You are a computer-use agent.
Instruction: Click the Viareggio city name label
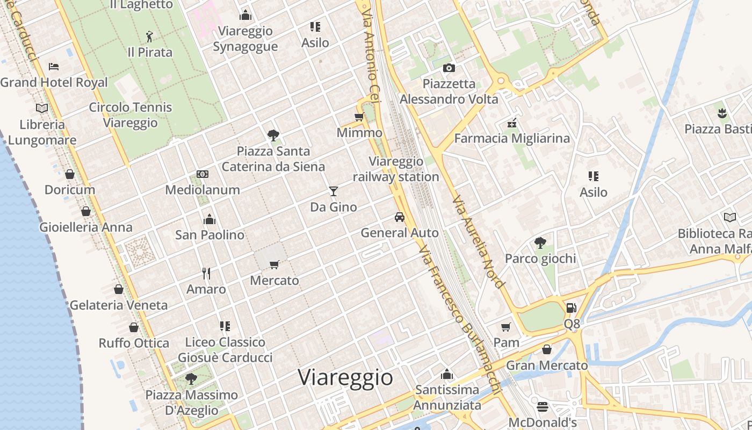tap(345, 377)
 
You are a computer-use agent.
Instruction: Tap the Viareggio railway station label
tap(396, 169)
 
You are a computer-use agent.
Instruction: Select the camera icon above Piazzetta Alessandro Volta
tap(449, 68)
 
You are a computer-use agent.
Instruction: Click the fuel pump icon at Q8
tap(572, 308)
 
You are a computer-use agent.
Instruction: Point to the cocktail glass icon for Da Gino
tap(334, 191)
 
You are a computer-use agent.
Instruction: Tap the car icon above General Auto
tap(399, 217)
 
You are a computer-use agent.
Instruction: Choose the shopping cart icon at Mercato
tap(274, 264)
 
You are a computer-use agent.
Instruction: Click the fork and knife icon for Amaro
tap(206, 274)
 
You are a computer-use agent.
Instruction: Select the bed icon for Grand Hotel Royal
tap(54, 67)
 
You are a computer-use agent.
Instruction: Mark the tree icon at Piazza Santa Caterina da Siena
tap(273, 135)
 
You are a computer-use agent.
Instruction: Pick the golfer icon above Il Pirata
tap(150, 37)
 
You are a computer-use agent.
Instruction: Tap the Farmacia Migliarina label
tap(512, 139)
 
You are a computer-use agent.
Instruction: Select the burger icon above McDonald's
tap(542, 406)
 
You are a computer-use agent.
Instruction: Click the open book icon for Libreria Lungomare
tap(42, 108)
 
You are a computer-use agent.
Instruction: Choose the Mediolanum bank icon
tap(203, 174)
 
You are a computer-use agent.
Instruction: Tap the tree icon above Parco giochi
tap(540, 243)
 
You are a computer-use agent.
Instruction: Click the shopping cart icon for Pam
tap(506, 327)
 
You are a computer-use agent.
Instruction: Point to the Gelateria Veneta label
tap(119, 305)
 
